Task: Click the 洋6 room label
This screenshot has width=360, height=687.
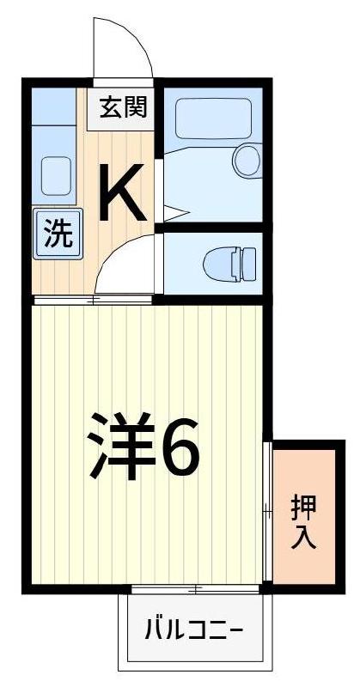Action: (143, 446)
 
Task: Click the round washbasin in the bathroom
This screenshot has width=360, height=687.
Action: (247, 160)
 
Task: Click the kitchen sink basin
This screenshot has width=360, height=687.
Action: (56, 175)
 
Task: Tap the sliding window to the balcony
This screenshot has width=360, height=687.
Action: (195, 589)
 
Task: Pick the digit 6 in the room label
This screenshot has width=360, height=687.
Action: (180, 446)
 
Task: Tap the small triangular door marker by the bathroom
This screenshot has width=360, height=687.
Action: (173, 210)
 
